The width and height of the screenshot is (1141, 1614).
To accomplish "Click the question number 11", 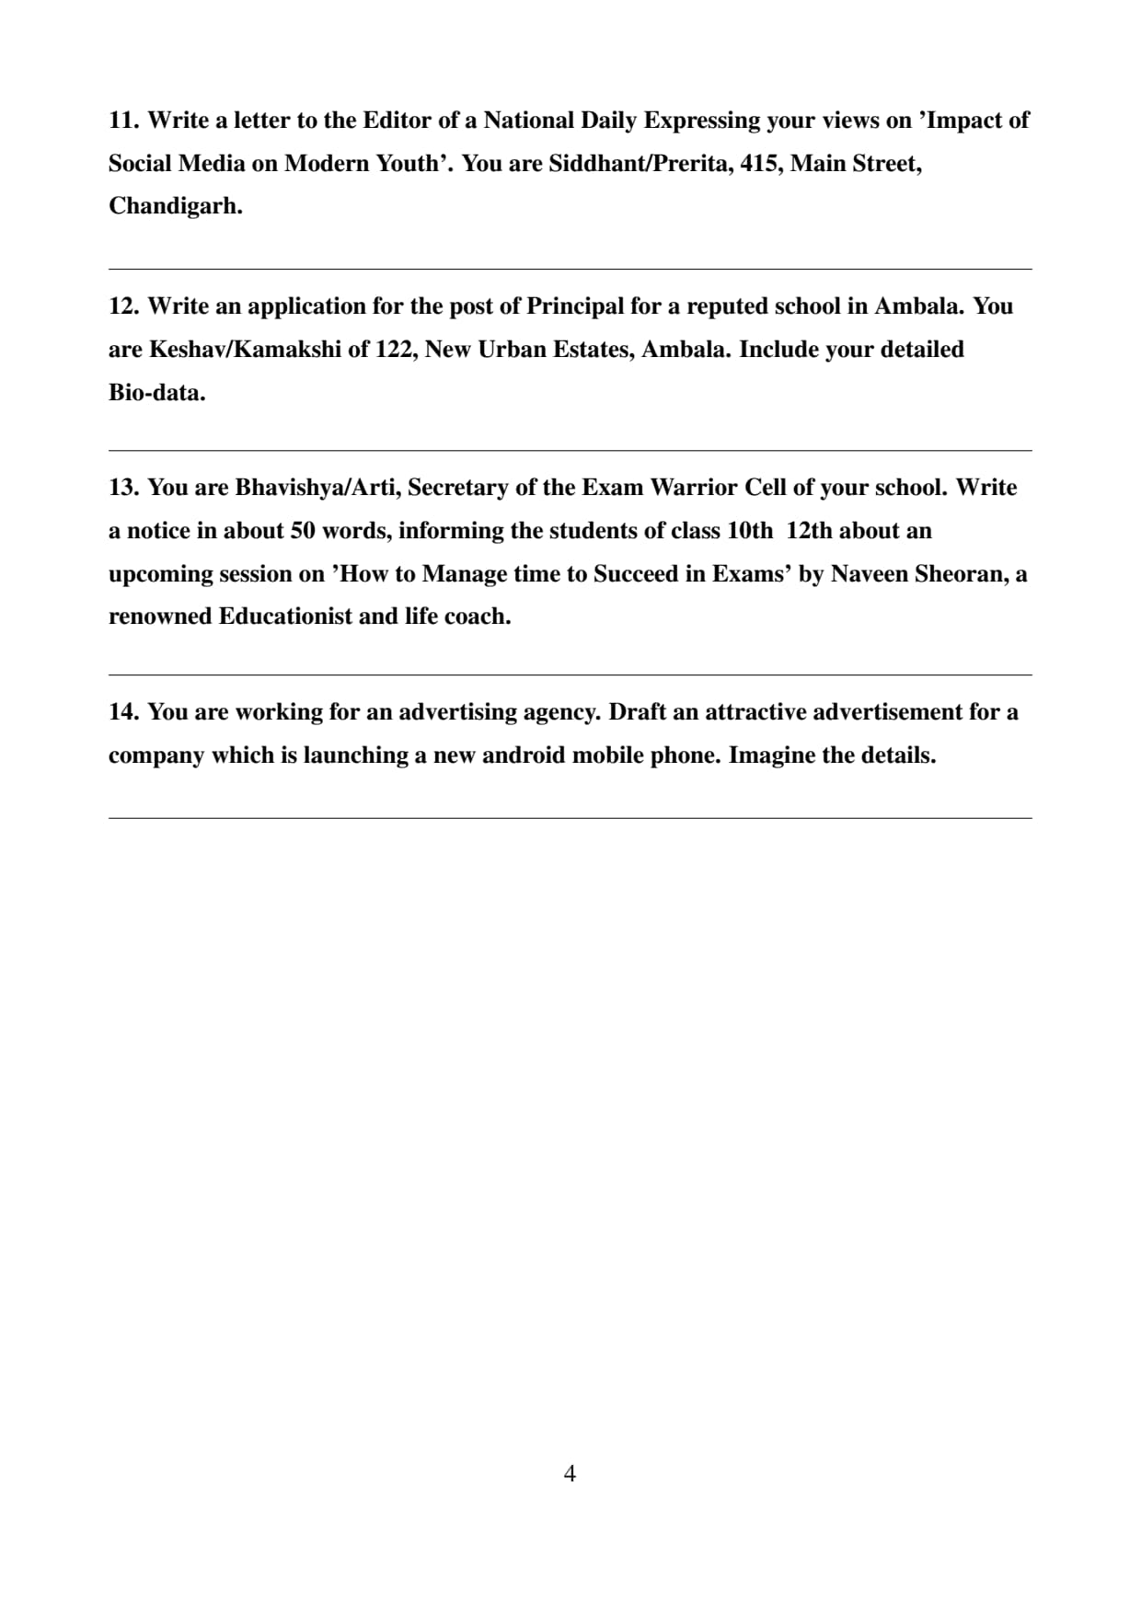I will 123,121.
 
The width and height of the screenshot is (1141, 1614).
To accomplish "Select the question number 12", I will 123,306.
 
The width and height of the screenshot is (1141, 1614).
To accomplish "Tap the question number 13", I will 123,488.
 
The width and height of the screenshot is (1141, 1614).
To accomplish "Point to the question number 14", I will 123,712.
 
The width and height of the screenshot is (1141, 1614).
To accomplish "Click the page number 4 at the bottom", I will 570,1473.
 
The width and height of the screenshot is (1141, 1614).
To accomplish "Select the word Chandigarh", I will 175,206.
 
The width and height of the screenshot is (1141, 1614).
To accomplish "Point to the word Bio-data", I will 156,393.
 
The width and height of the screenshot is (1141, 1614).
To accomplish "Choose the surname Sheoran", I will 962,574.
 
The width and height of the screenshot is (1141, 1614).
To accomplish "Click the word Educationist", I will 285,617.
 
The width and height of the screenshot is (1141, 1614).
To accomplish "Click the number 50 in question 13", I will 304,531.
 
